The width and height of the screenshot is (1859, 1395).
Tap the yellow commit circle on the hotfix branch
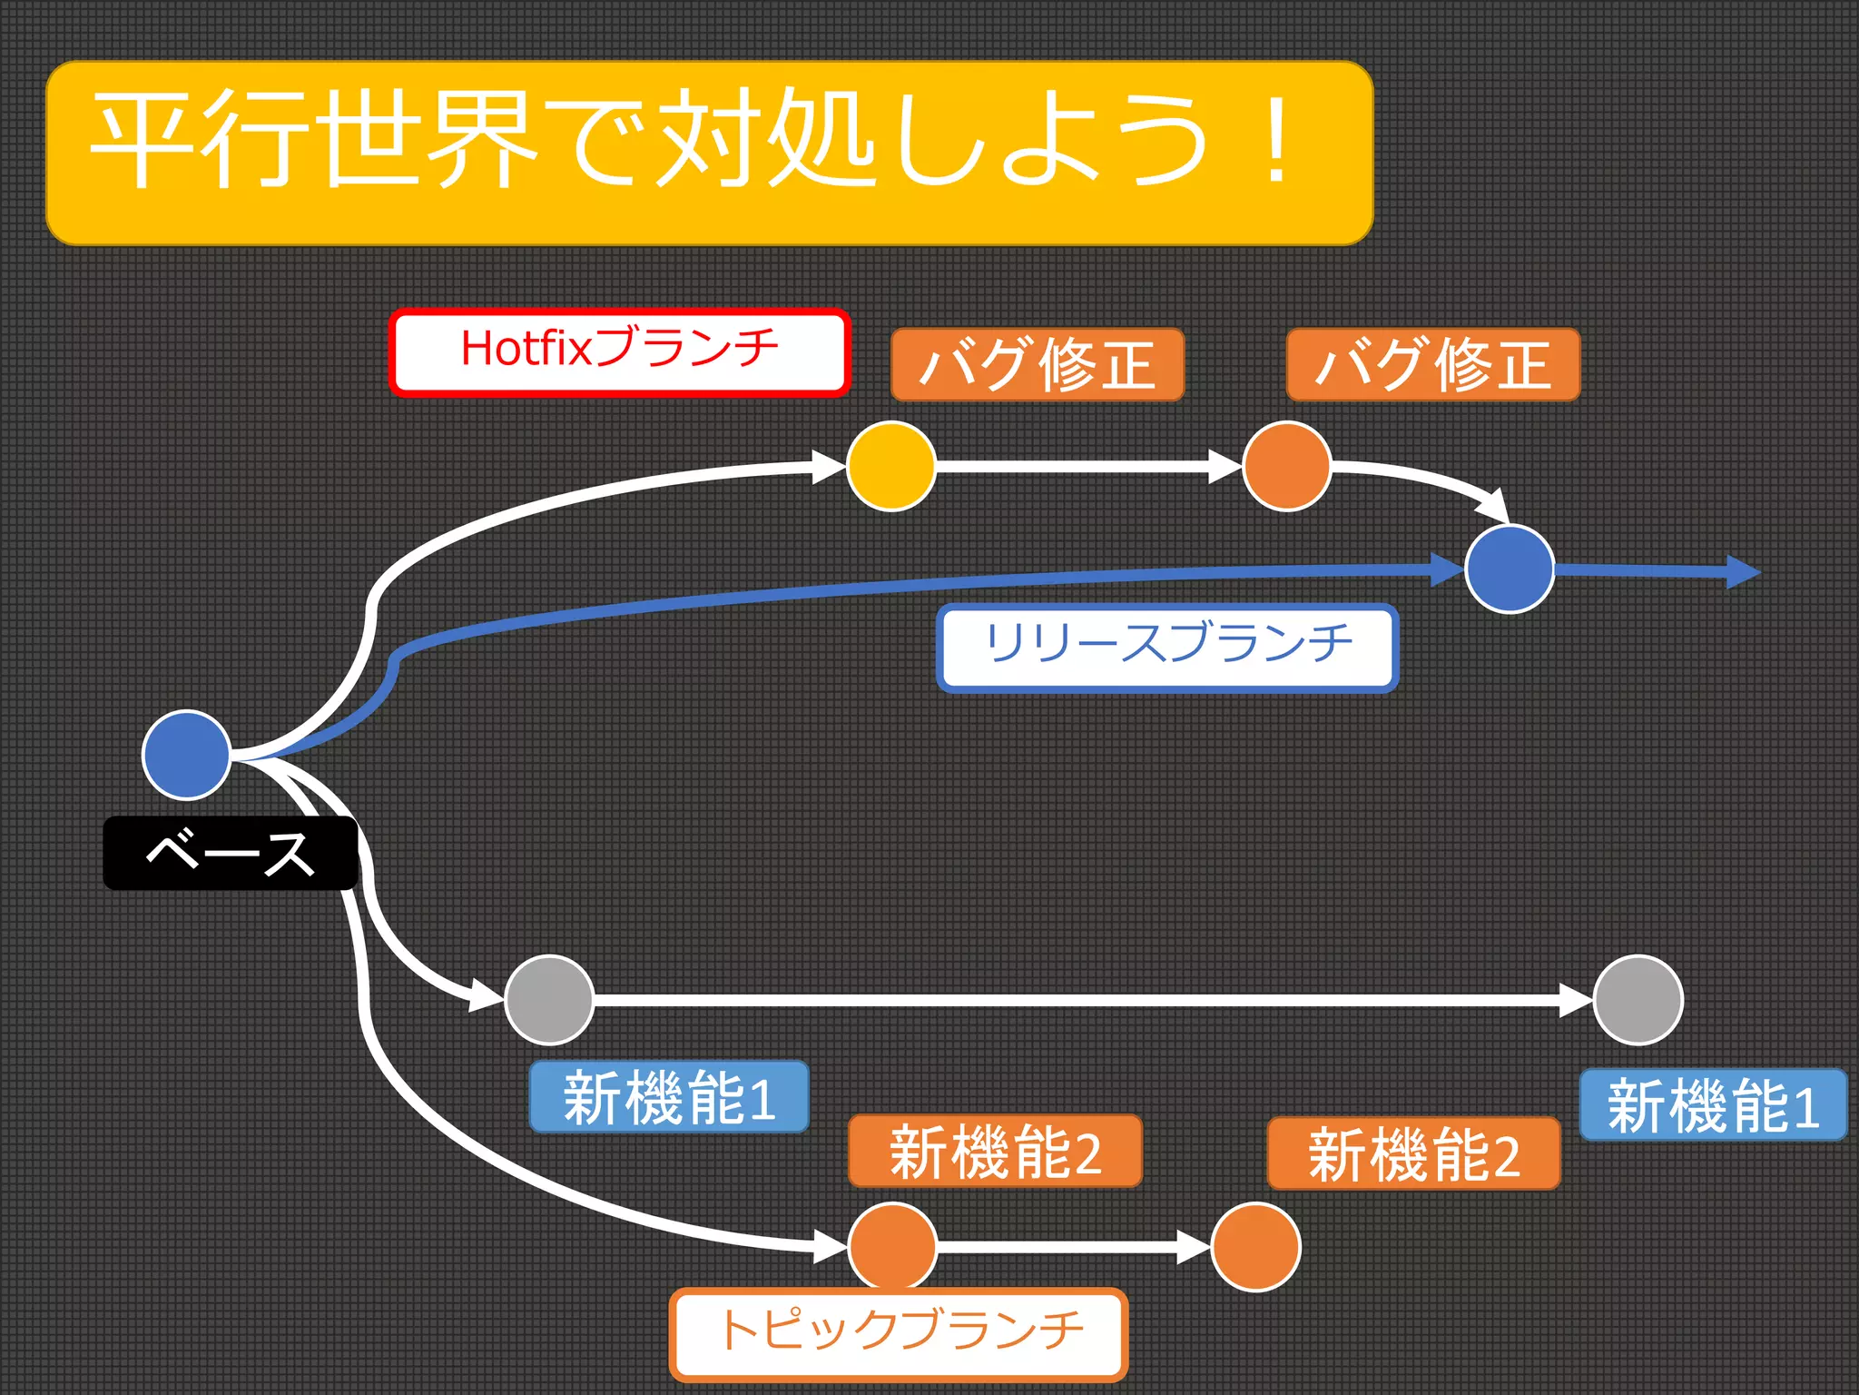point(891,466)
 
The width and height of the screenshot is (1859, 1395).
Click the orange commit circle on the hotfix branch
point(1286,466)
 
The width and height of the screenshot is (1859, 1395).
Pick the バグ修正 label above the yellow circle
point(1038,364)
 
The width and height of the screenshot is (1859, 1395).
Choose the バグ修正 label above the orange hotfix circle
point(1433,364)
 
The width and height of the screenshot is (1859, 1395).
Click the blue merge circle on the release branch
point(1510,569)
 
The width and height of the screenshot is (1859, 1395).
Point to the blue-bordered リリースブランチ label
point(1167,648)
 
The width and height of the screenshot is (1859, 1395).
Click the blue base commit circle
point(187,755)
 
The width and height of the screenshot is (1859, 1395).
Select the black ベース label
point(230,853)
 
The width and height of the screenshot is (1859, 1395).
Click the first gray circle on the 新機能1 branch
point(549,1000)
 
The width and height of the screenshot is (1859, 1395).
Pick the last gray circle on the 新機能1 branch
point(1638,1000)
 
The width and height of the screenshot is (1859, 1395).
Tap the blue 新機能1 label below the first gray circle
point(669,1097)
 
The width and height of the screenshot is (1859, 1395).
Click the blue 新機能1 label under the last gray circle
point(1713,1104)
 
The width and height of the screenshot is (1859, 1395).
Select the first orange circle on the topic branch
point(892,1246)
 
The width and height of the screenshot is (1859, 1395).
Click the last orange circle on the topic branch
point(1256,1246)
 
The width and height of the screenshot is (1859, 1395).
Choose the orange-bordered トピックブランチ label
point(899,1333)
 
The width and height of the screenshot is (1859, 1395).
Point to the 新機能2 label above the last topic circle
point(1413,1153)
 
